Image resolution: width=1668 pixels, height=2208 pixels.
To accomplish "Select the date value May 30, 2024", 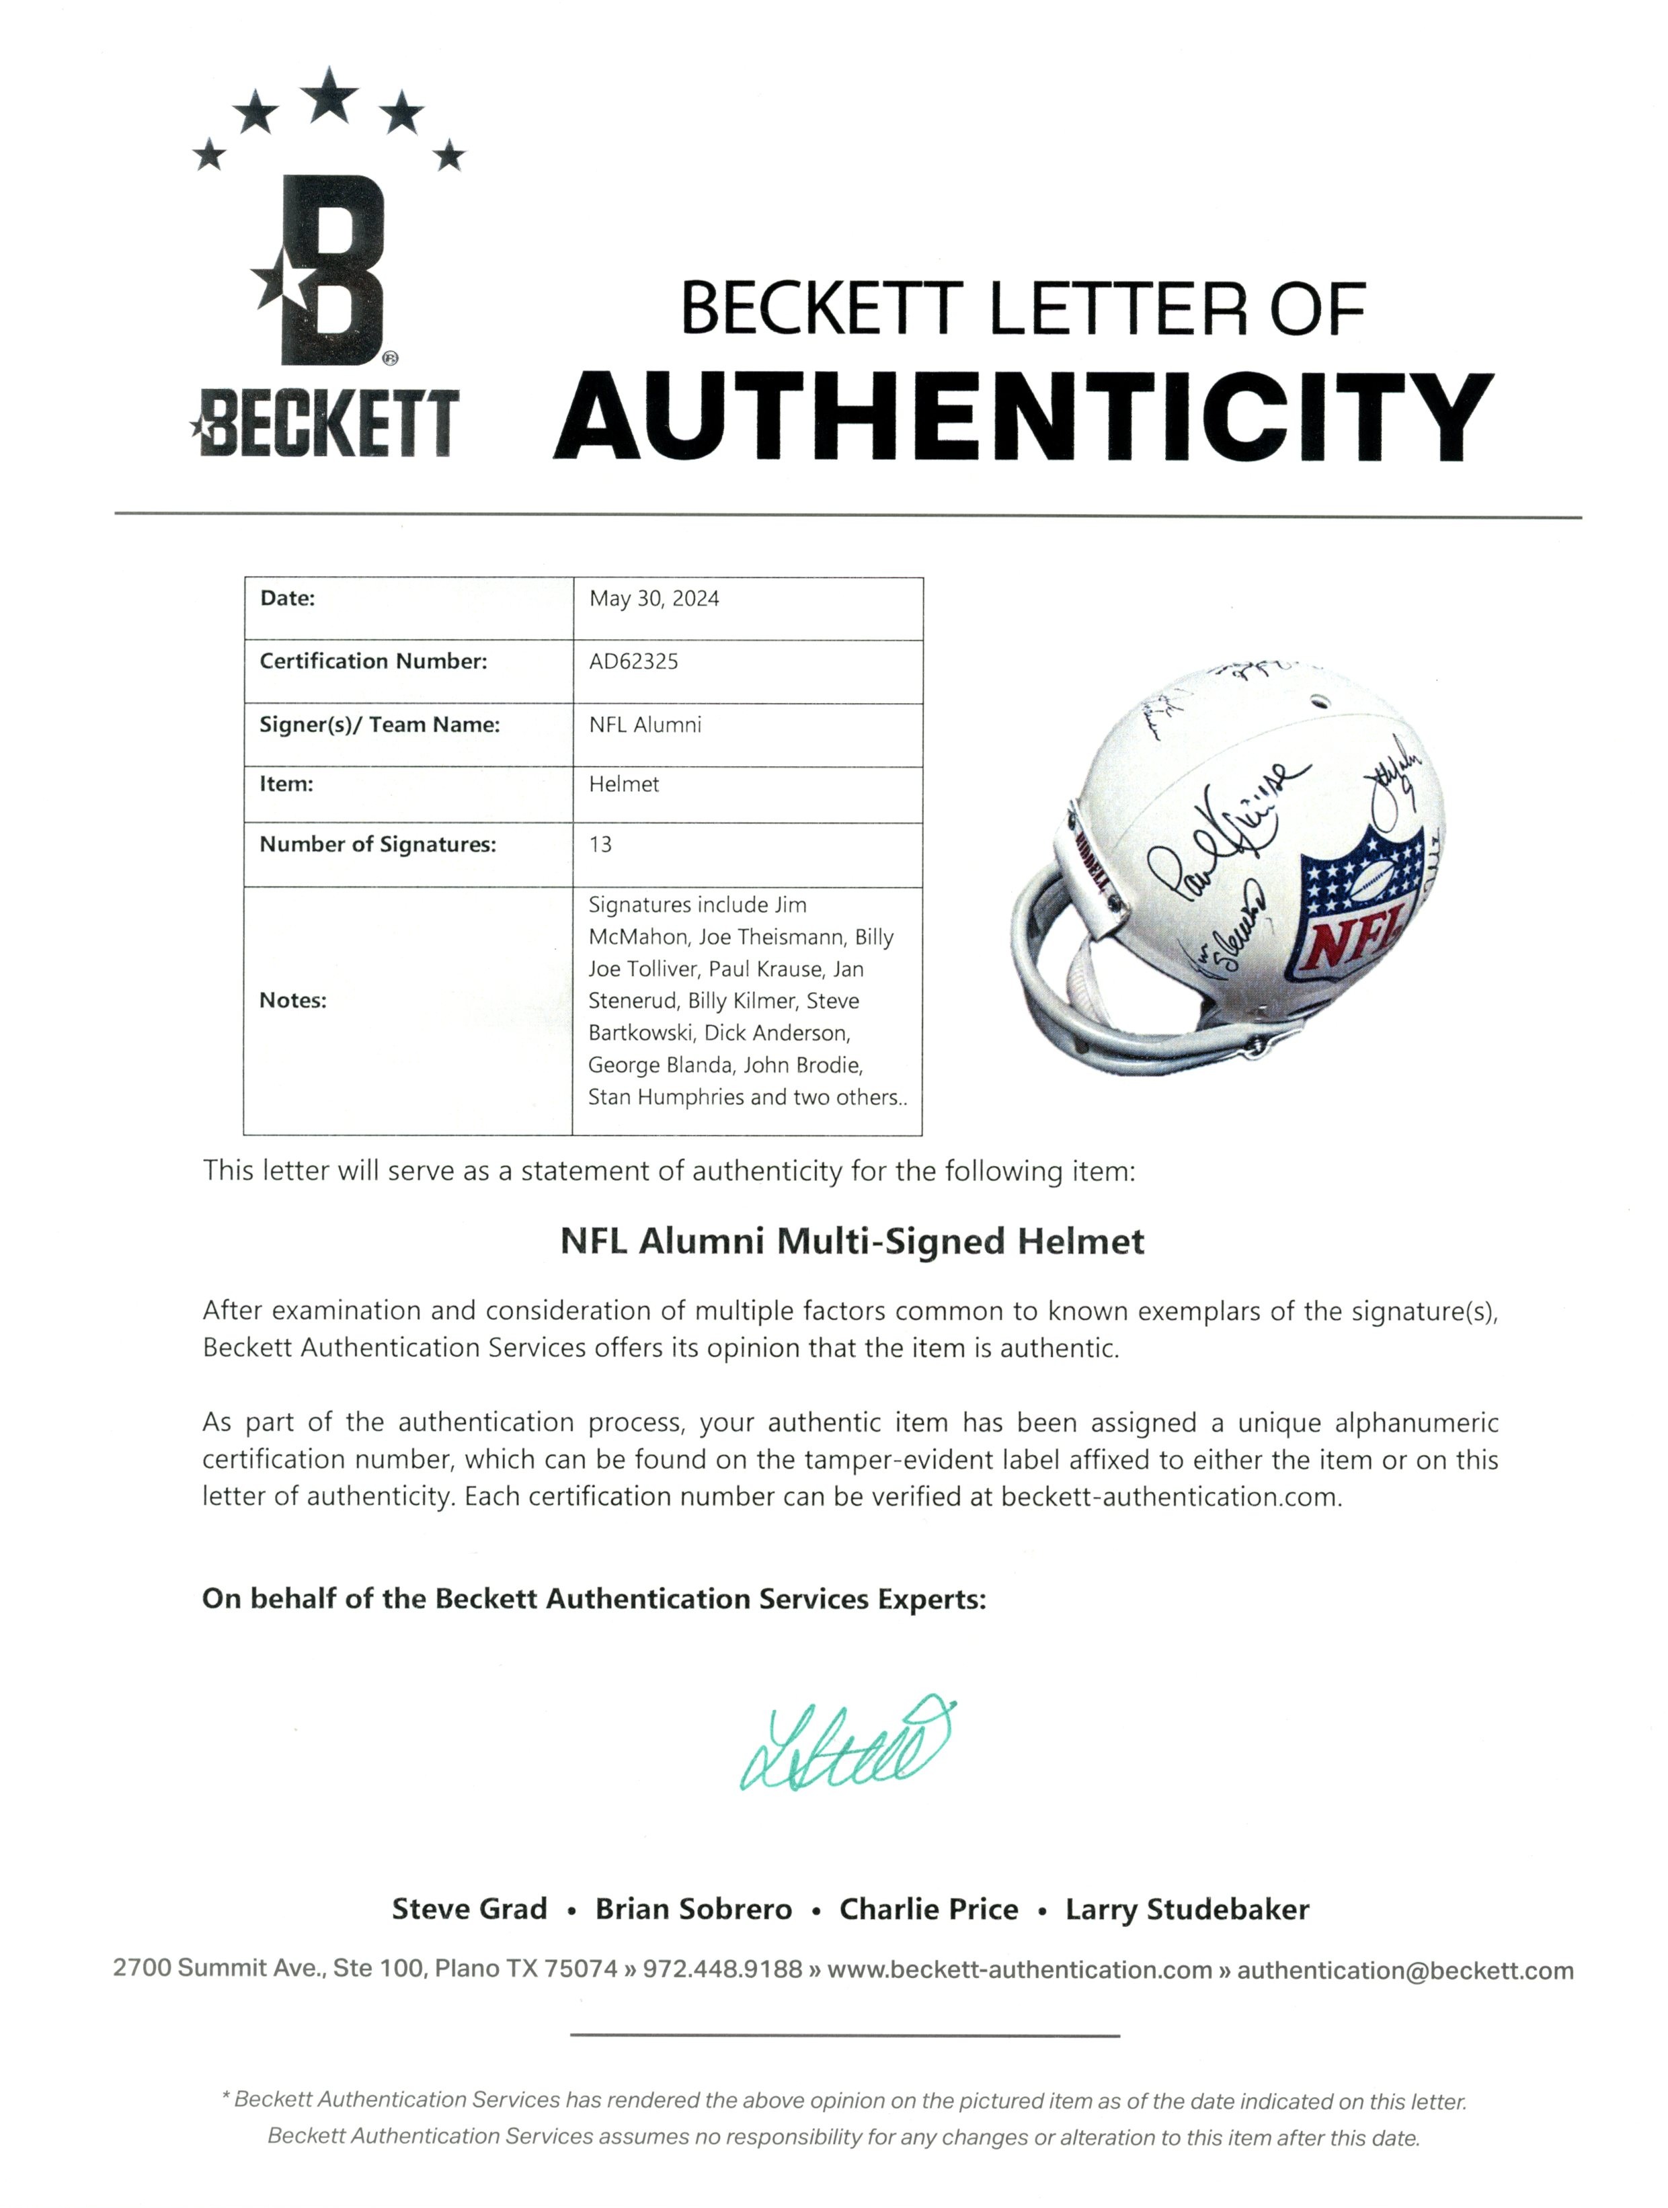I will [x=654, y=599].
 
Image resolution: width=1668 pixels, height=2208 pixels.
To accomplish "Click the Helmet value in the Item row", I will [x=624, y=784].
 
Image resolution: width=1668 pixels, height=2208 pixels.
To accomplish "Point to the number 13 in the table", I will [x=600, y=844].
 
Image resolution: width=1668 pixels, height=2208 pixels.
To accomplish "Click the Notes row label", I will [x=292, y=1000].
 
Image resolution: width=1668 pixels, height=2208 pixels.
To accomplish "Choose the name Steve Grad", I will [x=469, y=1908].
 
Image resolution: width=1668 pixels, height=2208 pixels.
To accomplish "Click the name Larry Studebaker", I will [x=1186, y=1908].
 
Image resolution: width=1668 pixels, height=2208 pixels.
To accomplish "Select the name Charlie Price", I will [x=928, y=1908].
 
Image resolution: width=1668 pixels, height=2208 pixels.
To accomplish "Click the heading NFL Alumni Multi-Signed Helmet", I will [x=851, y=1241].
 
